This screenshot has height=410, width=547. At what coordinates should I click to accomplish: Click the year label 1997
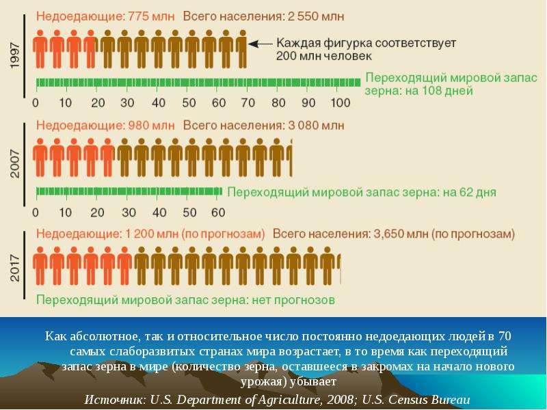pos(15,56)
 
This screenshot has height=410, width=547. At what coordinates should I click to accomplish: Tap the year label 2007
pos(15,164)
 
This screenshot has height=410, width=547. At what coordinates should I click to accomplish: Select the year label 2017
pos(15,268)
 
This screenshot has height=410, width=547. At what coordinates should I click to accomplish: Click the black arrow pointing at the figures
pos(260,44)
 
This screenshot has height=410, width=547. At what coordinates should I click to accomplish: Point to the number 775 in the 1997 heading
pos(139,16)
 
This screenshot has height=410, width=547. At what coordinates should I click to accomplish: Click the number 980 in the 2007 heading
pos(139,126)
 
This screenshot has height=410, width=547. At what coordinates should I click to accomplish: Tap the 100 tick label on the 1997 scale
pos(340,103)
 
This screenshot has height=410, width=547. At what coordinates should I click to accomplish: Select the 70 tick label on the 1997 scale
pos(248,103)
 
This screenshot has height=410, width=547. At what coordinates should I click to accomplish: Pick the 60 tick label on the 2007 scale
pos(218,213)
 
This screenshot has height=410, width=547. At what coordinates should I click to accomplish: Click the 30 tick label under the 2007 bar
pos(128,213)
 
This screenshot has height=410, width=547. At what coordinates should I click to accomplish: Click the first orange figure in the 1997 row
pos(40,49)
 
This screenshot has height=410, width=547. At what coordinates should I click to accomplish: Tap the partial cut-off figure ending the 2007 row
pos(290,158)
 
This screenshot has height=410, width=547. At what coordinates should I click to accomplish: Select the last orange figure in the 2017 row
pos(124,266)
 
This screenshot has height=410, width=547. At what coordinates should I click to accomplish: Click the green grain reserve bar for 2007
pos(129,191)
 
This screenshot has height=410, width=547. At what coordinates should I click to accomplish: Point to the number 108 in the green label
pos(433,91)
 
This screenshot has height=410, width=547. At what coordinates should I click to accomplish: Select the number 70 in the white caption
pos(505,336)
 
